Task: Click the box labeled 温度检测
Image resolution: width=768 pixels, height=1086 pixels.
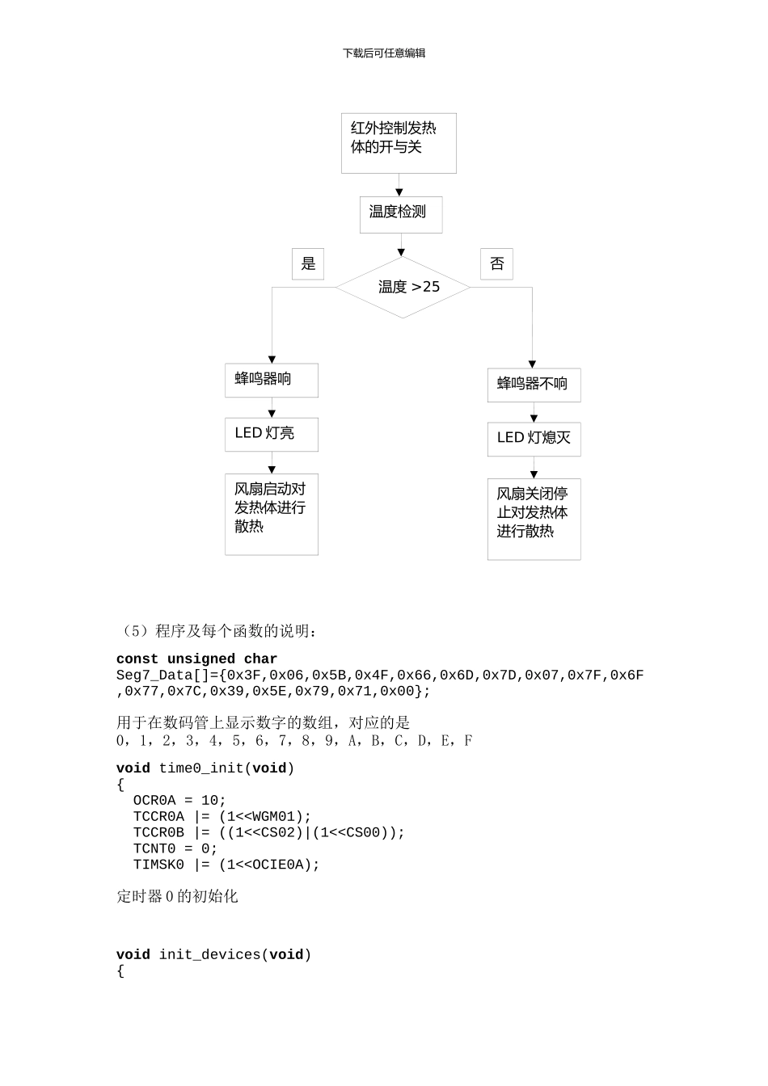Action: [401, 215]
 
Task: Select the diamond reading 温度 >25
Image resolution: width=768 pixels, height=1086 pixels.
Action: [403, 288]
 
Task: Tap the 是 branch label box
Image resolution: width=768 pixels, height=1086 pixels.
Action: [308, 263]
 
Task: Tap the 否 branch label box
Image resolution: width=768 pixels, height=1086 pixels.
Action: [496, 263]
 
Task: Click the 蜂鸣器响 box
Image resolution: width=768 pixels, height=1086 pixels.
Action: [271, 380]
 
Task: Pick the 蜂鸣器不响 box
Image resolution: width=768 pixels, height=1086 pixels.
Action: [534, 385]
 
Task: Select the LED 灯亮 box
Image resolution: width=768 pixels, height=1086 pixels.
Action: [271, 434]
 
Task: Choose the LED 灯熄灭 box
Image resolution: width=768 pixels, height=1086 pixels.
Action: [534, 439]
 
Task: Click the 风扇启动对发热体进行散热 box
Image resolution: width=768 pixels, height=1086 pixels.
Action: [271, 514]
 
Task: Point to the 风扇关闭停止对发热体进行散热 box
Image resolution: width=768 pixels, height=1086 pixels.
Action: [534, 519]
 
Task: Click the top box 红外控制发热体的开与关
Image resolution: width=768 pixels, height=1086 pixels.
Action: [399, 143]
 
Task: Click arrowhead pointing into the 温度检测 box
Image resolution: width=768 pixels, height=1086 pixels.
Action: [399, 192]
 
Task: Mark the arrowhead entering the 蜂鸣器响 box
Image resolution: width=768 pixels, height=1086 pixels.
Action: [272, 360]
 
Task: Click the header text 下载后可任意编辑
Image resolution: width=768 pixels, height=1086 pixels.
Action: [384, 53]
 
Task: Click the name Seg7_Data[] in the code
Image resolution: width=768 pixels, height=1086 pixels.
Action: [162, 676]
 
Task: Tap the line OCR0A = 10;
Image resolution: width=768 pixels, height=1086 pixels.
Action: [179, 801]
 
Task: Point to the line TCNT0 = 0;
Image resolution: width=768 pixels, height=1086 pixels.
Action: [175, 849]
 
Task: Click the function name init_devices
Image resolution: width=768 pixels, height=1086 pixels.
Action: [209, 955]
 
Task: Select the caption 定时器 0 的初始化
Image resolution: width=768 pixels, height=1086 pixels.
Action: [177, 897]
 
